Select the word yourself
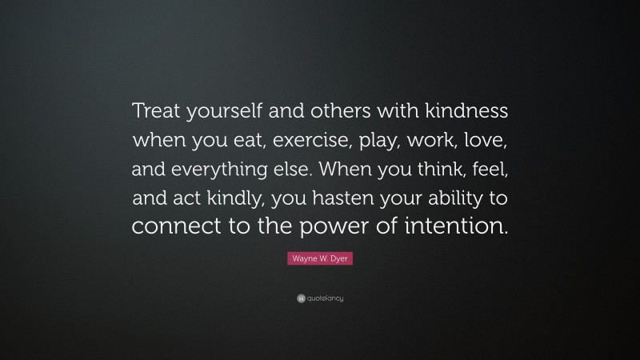coord(218,113)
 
